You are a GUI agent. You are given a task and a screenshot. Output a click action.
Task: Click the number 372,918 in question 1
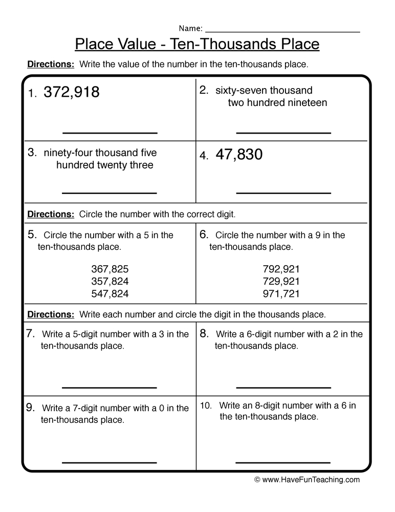point(72,93)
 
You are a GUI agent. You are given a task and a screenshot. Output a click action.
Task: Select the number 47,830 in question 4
point(239,155)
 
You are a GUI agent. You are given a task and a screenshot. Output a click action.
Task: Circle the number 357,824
point(110,281)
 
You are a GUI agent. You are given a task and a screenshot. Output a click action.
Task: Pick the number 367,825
point(110,269)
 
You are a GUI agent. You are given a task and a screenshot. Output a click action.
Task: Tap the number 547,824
point(110,294)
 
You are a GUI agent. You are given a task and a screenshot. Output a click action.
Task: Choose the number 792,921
point(281,269)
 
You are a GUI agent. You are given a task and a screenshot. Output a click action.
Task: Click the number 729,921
point(281,281)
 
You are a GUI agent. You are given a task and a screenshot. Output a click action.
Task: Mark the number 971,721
point(281,294)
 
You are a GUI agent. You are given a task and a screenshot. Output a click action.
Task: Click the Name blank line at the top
point(282,31)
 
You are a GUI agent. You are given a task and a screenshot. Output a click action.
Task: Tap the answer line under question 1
point(109,133)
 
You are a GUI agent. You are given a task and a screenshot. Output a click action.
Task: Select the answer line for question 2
point(283,133)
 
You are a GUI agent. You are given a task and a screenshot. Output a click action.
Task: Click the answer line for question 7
point(109,387)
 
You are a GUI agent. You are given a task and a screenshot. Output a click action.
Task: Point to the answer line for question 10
point(283,462)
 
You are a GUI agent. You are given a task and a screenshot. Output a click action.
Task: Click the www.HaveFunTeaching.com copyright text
point(307,480)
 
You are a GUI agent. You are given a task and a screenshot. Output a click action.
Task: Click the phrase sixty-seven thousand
point(264,91)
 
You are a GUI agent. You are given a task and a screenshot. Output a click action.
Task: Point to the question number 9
point(30,408)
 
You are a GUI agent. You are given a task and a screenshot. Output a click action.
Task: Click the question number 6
point(203,234)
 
